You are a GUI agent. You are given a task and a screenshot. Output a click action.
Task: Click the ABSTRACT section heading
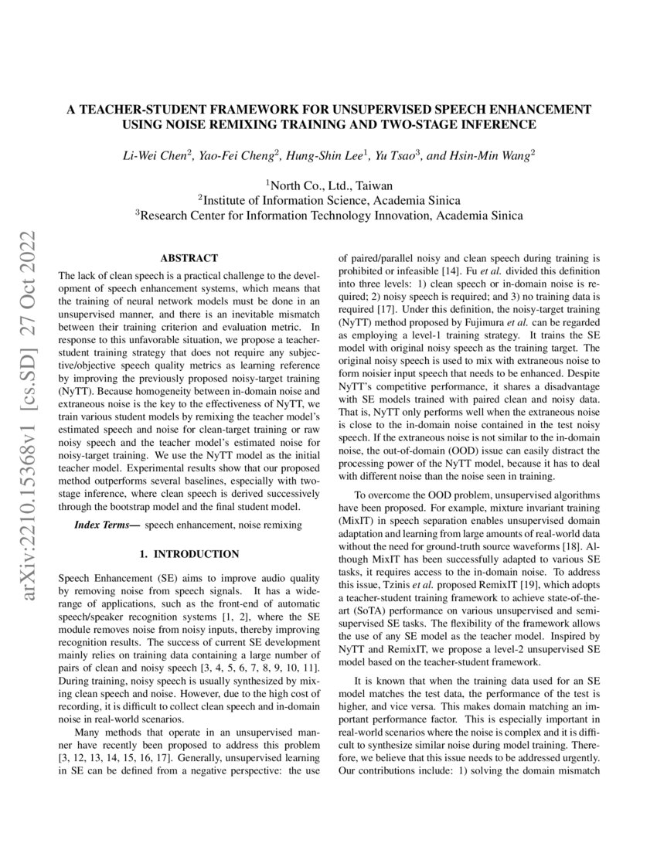[x=189, y=258]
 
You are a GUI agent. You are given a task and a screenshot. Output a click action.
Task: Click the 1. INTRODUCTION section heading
[x=189, y=554]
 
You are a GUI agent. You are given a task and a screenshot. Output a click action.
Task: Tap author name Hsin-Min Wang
[x=490, y=155]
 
